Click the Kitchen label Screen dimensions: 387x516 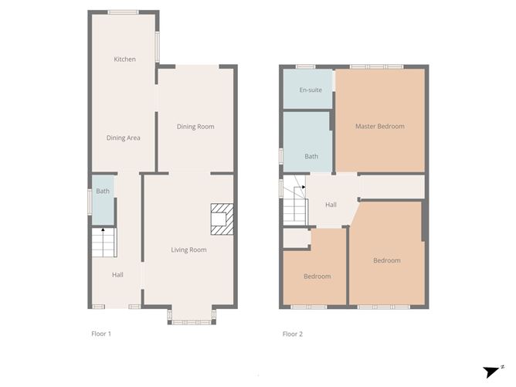point(124,59)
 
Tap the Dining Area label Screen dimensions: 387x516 point(123,138)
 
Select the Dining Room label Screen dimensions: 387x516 point(195,127)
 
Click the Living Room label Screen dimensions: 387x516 point(188,250)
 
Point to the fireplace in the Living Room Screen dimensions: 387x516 point(222,218)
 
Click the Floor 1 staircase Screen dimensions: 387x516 point(103,243)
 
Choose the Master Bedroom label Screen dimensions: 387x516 point(379,127)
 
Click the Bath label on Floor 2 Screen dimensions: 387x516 point(311,157)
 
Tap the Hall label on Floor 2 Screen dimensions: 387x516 point(331,205)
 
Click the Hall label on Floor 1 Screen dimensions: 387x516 point(117,275)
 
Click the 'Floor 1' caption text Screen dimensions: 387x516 point(101,334)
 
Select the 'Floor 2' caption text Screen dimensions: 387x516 point(293,334)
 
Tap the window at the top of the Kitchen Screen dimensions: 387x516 point(123,12)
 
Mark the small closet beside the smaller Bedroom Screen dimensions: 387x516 point(295,238)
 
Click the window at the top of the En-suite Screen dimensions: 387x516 point(307,67)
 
